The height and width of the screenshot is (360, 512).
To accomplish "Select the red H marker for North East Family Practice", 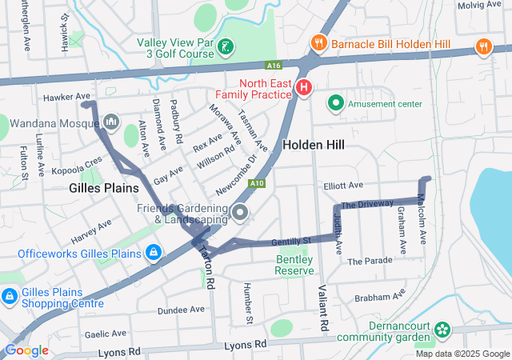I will (304, 87).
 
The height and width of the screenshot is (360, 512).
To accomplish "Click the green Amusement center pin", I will (336, 103).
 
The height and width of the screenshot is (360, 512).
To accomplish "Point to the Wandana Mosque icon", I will (110, 122).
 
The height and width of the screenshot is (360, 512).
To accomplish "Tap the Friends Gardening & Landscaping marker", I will (241, 212).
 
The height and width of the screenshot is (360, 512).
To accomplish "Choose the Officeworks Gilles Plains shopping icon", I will (153, 254).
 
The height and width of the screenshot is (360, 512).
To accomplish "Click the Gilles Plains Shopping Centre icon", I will (9, 297).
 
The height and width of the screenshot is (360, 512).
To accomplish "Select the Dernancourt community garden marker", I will (442, 330).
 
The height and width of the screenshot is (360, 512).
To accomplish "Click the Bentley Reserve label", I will (295, 265).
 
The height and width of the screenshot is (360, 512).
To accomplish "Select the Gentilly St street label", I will (290, 241).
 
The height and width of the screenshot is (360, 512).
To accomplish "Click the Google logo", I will (26, 350).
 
